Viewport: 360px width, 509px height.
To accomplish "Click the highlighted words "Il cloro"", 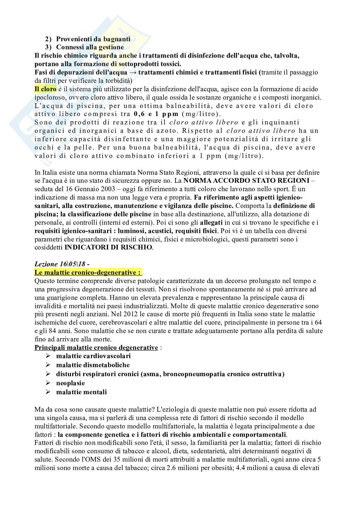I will (45, 89).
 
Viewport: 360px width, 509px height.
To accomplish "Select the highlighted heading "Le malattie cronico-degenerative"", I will (88, 272).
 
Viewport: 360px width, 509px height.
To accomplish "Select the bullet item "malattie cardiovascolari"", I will (93, 356).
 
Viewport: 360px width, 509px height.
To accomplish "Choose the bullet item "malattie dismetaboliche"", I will (93, 365).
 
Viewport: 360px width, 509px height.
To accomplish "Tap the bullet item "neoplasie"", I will (70, 383).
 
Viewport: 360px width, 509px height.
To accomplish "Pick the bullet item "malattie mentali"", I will (81, 392).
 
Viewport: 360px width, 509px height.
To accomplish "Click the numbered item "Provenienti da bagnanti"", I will (93, 39).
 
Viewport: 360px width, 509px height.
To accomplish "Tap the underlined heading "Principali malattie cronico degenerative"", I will (96, 347).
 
